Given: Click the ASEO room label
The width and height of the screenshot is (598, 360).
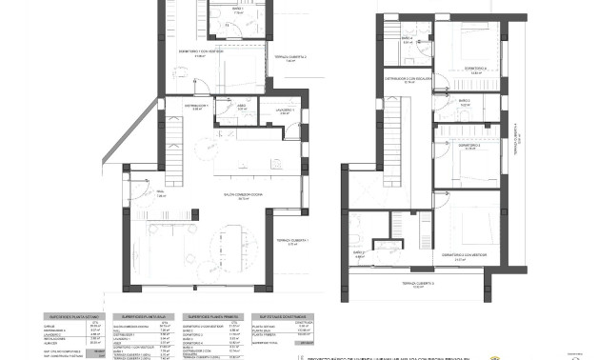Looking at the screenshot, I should point(242,105).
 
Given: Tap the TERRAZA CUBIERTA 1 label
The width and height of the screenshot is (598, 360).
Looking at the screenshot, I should point(291,241).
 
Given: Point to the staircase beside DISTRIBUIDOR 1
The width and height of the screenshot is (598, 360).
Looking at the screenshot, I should point(171,152).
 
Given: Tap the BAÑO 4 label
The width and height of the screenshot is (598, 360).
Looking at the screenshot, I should point(408,40).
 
